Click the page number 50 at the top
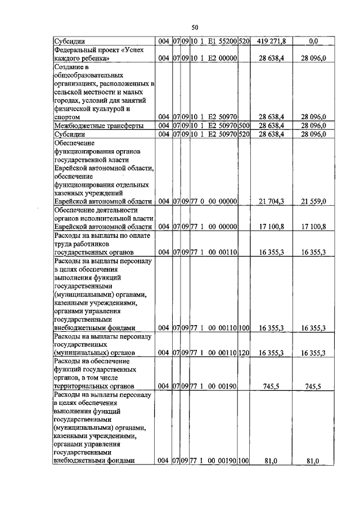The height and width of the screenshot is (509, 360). (195, 27)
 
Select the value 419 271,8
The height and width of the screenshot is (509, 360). (271, 42)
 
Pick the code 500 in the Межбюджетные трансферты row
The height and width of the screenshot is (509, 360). (244, 125)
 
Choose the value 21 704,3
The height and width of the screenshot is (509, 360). (271, 201)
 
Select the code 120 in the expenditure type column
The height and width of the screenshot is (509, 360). (244, 353)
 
